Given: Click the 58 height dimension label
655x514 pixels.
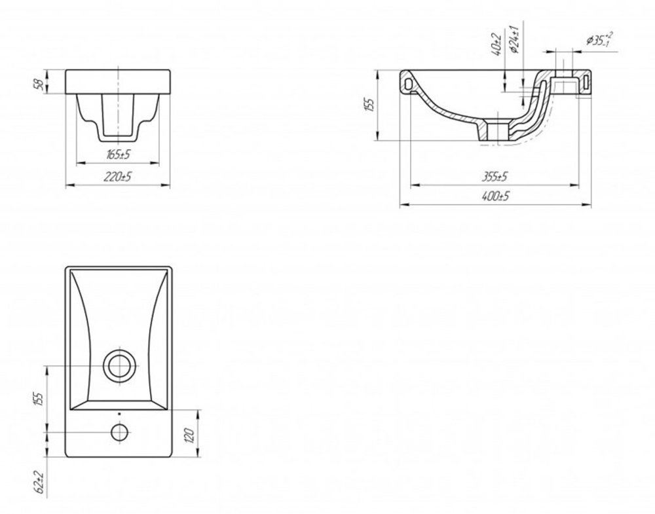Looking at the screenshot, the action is tap(39, 83).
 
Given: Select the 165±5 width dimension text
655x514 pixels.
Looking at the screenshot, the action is tap(118, 155).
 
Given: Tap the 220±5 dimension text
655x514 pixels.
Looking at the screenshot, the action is tap(118, 177).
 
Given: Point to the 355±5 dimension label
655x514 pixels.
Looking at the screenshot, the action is tap(495, 177).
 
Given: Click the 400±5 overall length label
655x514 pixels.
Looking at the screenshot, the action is tap(495, 196).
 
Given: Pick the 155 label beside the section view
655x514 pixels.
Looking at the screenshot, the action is tap(369, 105).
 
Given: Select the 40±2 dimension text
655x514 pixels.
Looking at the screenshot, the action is tap(496, 45).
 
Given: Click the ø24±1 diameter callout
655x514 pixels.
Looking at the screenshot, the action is tap(514, 40).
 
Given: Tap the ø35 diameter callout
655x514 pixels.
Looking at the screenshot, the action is tap(600, 39).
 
